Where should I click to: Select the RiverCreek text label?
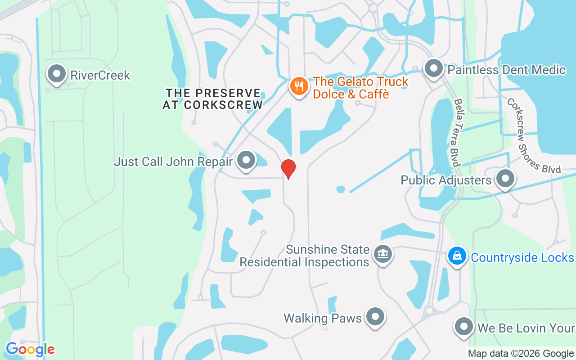100,75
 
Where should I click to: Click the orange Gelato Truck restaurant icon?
298,85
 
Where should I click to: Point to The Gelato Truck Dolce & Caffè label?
360,88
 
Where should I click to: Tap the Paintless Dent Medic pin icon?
434,69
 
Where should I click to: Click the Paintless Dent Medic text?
506,70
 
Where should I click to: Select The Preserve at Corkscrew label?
213,99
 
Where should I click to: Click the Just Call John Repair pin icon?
246,160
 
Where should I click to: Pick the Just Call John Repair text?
173,162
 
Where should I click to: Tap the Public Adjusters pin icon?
505,179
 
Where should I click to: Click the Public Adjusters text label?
446,180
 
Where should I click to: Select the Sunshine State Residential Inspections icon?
383,254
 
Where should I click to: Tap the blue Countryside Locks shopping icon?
457,256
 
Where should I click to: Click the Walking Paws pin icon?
375,317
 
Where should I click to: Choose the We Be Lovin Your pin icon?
463,327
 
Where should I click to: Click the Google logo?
30,349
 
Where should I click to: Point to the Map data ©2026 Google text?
520,354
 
